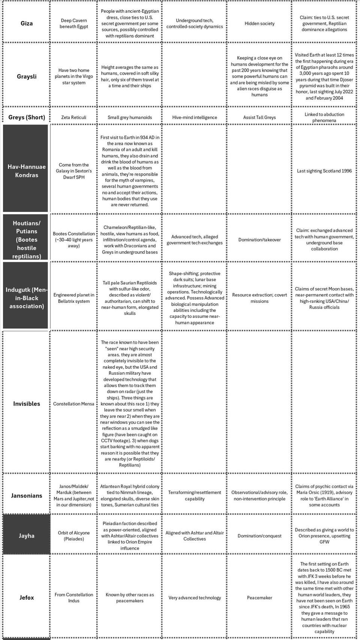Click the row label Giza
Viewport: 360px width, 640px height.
(x=27, y=23)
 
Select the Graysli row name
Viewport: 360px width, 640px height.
(x=27, y=77)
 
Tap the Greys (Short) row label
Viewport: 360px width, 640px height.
(x=27, y=117)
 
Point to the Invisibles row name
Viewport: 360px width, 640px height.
(x=27, y=404)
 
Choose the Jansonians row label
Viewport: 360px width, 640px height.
(x=27, y=496)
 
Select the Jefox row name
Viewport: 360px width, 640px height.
(x=27, y=598)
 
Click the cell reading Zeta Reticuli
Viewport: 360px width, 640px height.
(x=73, y=117)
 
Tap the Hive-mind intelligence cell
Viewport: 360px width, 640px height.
(x=195, y=117)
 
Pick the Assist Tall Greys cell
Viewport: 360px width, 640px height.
(x=259, y=117)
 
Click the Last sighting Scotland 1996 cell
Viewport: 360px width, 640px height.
(x=324, y=171)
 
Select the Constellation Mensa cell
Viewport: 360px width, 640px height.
(x=73, y=404)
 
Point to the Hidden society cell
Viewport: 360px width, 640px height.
(x=259, y=23)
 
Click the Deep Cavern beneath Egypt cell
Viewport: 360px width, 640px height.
(x=73, y=23)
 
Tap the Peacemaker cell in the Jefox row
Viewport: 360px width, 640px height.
(x=259, y=598)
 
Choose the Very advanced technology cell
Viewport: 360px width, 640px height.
(x=195, y=598)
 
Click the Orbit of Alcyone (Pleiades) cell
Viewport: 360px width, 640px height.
(x=73, y=536)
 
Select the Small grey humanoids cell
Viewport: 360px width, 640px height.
(x=130, y=117)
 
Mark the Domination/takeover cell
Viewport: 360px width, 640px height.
(x=259, y=240)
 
